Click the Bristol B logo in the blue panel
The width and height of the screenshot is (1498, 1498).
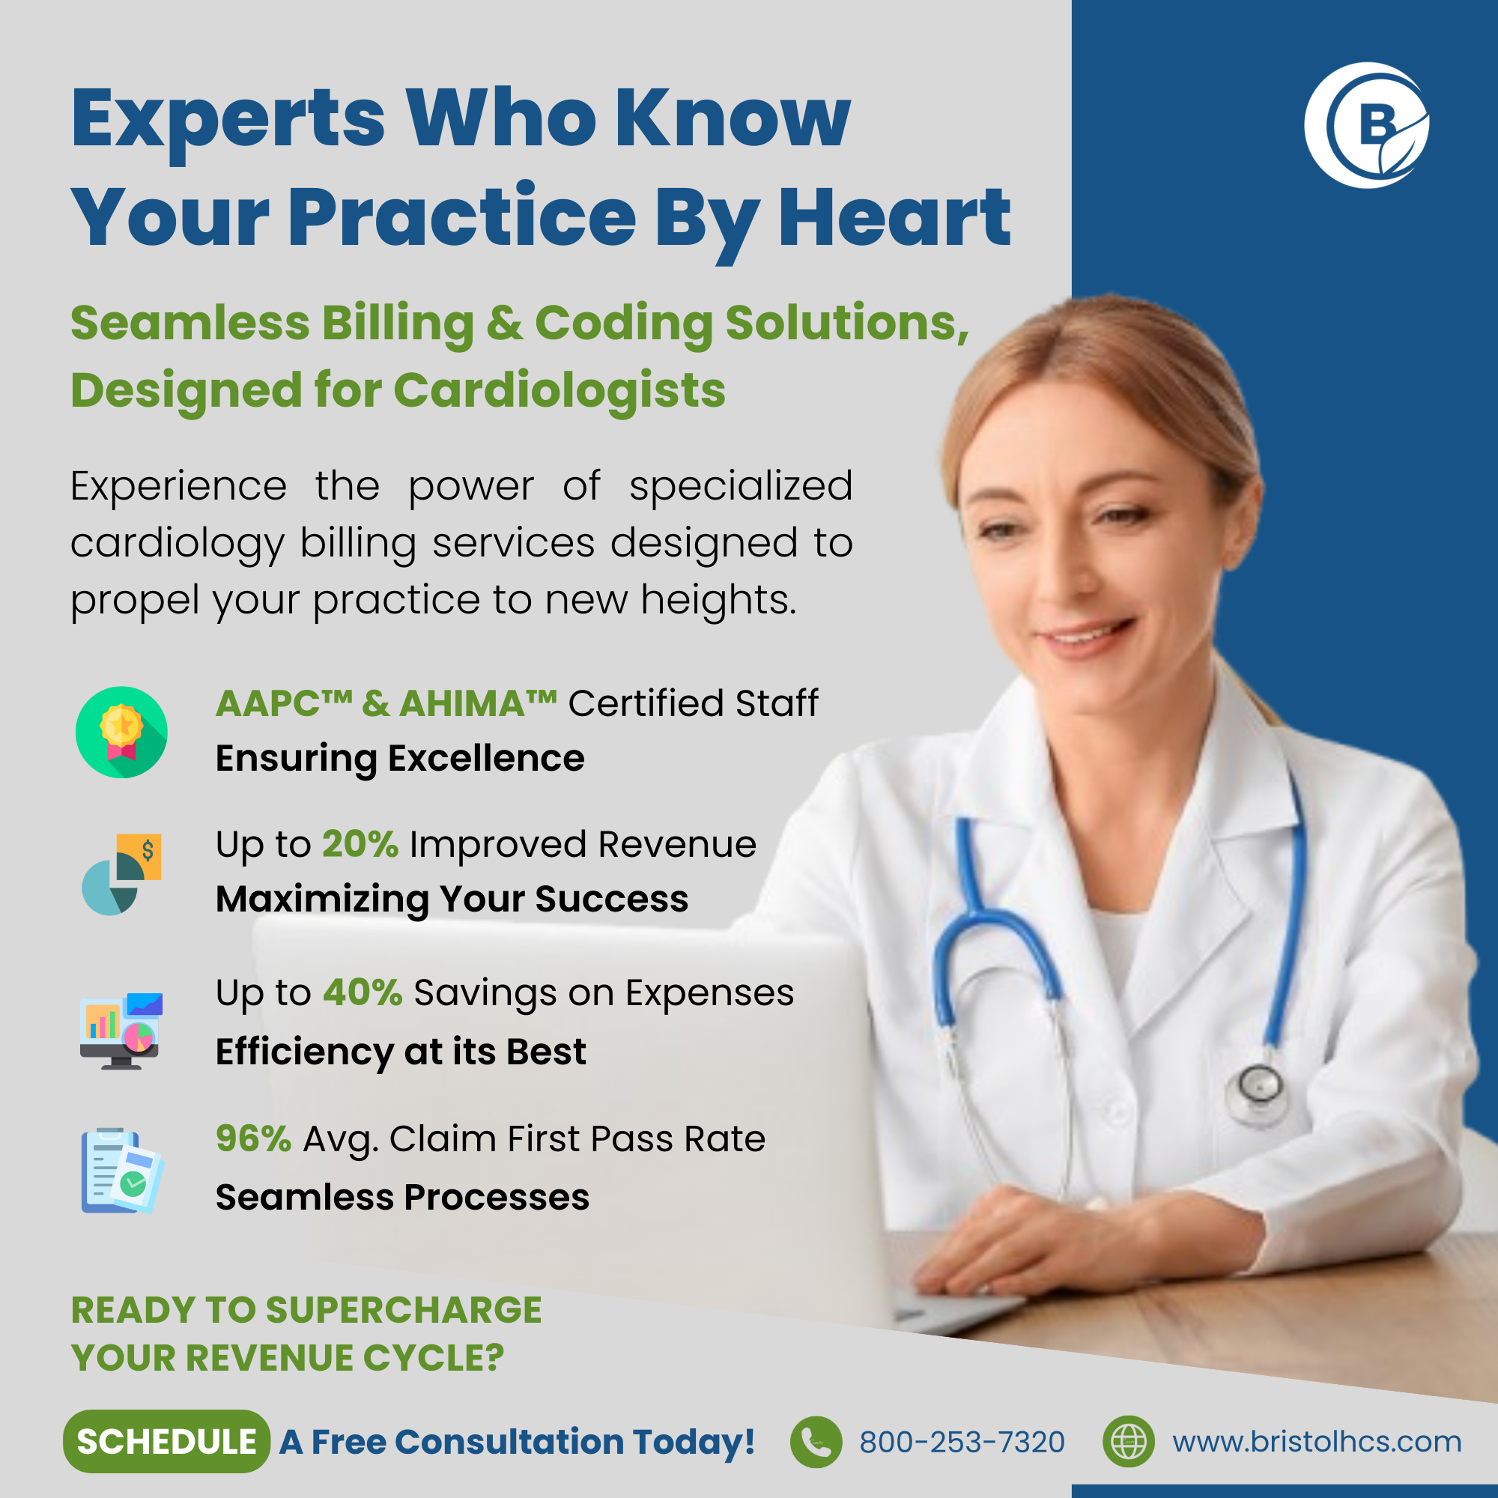click(x=1366, y=126)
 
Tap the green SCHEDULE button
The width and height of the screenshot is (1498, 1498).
click(x=167, y=1441)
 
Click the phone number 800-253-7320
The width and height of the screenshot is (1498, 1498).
click(x=962, y=1442)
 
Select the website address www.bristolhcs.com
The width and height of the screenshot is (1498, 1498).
click(x=1317, y=1441)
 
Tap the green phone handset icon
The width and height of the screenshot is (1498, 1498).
click(x=816, y=1442)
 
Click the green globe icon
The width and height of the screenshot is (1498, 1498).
click(x=1128, y=1442)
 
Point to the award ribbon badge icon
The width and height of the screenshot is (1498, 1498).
click(x=122, y=732)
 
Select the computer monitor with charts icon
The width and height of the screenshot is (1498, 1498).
click(x=121, y=1031)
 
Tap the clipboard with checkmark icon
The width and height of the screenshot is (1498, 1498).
click(x=122, y=1171)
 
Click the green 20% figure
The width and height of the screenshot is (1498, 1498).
click(x=360, y=843)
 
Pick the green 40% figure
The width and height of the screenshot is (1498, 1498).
click(x=362, y=992)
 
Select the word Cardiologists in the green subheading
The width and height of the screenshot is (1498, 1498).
click(x=560, y=390)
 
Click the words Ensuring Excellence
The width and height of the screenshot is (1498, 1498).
click(x=400, y=758)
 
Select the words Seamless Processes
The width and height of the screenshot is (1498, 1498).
click(x=402, y=1197)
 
